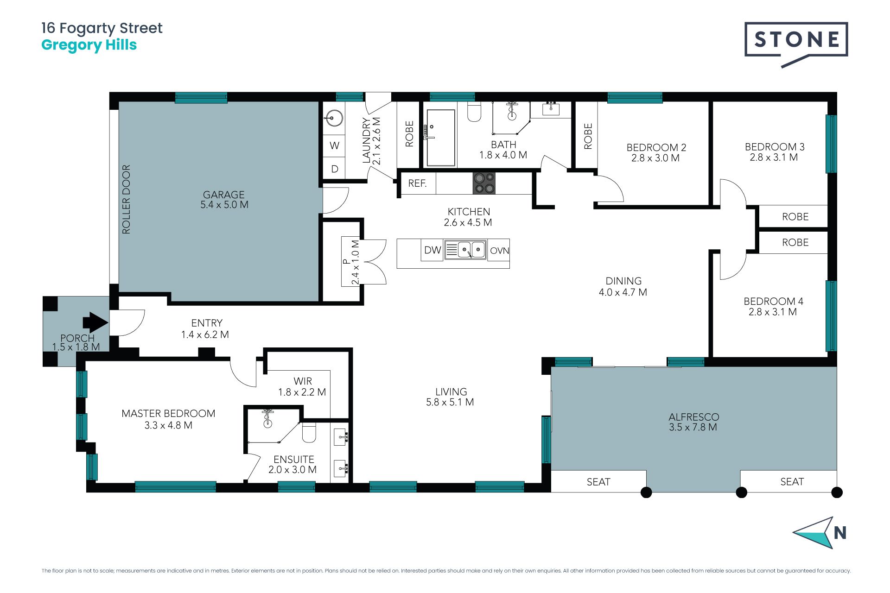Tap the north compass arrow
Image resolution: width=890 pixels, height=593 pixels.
814,533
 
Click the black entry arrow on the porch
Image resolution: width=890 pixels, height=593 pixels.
95,322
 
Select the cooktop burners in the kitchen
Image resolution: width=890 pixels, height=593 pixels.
484,183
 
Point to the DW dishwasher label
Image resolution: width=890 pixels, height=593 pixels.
432,250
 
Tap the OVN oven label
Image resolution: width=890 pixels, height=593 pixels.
499,251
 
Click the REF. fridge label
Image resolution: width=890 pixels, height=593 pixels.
417,183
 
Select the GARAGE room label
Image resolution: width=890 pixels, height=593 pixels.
224,195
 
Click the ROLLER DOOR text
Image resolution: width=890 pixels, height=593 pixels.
126,199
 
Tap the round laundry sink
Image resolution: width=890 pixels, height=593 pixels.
333,118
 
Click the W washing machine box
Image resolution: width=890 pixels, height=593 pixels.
334,145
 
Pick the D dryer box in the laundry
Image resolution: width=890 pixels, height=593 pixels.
334,169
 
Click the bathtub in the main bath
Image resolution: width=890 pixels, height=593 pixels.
441,138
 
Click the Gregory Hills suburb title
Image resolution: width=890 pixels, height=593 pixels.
89,45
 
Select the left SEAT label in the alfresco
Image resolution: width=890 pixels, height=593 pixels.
598,482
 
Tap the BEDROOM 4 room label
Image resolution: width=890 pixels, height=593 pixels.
773,301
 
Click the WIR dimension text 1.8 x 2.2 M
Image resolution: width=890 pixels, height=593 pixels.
302,392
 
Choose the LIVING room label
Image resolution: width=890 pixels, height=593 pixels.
451,391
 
